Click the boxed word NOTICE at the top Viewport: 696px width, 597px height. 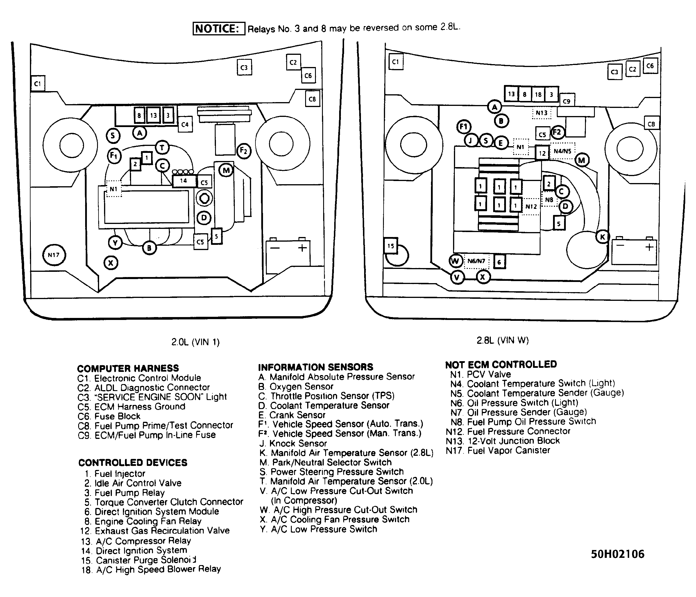tap(219, 28)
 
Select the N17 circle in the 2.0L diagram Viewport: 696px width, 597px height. tap(54, 255)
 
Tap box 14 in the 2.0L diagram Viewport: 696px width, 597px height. tap(184, 181)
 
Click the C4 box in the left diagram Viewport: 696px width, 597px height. tap(185, 124)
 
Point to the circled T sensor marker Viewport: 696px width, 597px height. tap(162, 148)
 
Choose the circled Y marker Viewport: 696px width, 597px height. tap(115, 243)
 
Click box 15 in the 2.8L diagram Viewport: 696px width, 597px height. tap(391, 246)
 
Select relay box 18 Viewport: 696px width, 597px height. tap(538, 94)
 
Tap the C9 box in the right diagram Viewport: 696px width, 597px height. tap(567, 101)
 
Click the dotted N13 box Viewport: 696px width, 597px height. tap(541, 113)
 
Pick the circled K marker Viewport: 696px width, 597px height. tap(603, 237)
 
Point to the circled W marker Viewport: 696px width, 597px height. tap(455, 261)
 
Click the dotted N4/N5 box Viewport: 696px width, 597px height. tap(562, 151)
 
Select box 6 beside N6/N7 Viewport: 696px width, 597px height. tap(500, 262)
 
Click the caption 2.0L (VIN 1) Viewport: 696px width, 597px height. tap(196, 342)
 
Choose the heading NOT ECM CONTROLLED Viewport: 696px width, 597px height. tap(501, 365)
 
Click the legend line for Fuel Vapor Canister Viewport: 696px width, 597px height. tap(498, 450)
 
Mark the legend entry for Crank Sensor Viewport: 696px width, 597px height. tap(292, 415)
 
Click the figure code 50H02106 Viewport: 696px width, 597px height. tap(618, 554)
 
